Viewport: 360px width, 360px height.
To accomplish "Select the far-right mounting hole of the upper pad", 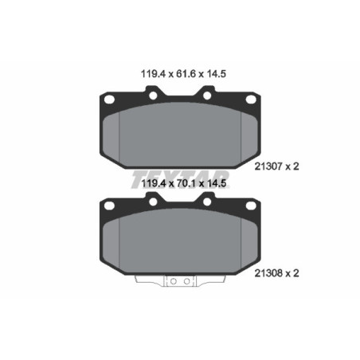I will pyautogui.click(x=251, y=100).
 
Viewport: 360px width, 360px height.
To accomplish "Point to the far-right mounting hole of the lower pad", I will pyautogui.click(x=251, y=206).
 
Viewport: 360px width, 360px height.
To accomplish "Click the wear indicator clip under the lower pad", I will pyautogui.click(x=180, y=281).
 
